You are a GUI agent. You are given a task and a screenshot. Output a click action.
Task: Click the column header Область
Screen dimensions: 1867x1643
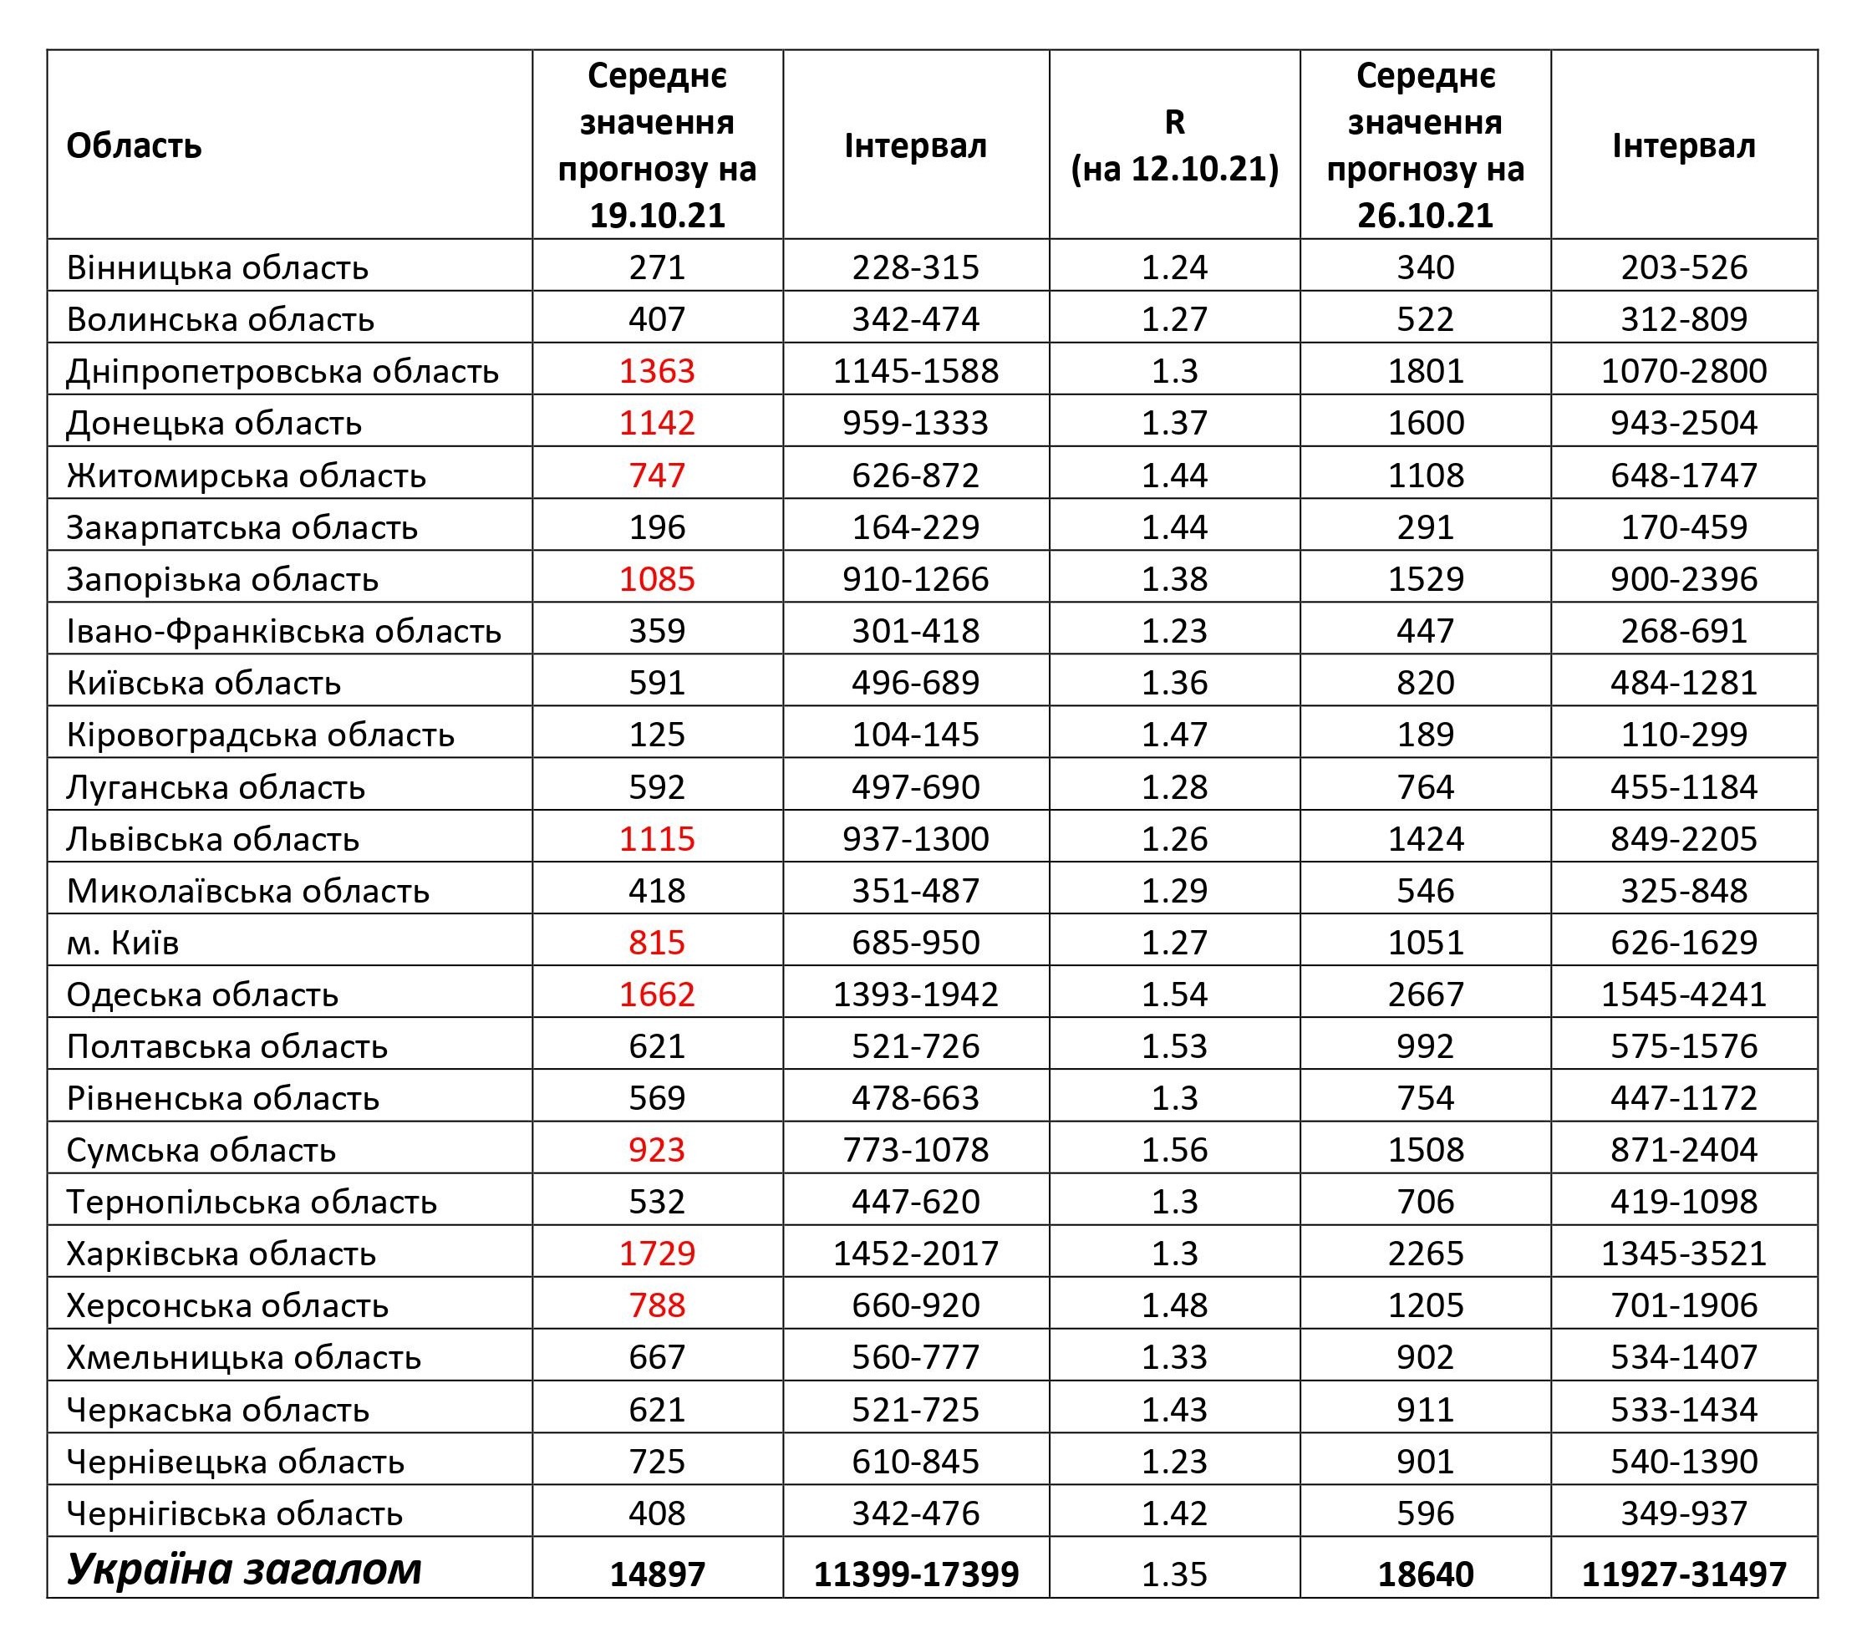tap(134, 146)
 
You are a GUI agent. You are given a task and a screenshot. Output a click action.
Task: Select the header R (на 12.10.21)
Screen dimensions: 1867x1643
tap(1175, 145)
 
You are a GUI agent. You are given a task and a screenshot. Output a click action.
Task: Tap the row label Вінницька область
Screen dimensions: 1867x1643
tap(217, 267)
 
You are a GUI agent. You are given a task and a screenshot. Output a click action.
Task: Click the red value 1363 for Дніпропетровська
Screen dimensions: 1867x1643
tap(657, 371)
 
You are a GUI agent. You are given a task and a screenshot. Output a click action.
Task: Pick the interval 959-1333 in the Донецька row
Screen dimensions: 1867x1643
tap(915, 423)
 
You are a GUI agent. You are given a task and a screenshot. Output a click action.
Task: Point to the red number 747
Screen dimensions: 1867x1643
tap(657, 475)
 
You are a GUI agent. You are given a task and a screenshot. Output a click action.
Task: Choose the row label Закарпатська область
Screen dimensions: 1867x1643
tap(242, 527)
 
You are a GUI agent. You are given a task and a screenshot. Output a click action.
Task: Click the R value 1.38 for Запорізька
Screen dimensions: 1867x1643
tap(1175, 579)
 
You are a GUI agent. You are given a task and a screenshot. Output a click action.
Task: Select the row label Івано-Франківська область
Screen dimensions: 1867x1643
tap(284, 631)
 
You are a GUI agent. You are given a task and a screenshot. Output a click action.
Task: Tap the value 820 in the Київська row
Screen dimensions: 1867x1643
tap(1425, 682)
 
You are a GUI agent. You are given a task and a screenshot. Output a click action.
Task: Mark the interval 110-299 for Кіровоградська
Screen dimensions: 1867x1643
tap(1683, 735)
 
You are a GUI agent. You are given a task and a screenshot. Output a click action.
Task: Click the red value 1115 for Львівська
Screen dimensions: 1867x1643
tap(657, 838)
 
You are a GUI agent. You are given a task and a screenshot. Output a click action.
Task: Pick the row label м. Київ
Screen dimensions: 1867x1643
tap(122, 943)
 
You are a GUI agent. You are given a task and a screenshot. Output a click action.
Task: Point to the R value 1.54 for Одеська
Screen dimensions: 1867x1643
tap(1175, 994)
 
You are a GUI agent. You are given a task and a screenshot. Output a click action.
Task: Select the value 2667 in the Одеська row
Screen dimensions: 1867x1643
tap(1425, 994)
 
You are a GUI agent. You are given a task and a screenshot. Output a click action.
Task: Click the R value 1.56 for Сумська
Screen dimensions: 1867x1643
tap(1175, 1150)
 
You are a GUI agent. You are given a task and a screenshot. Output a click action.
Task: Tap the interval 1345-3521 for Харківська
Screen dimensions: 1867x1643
tap(1683, 1253)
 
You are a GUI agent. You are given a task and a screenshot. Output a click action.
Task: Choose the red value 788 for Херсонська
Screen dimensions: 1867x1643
tap(657, 1305)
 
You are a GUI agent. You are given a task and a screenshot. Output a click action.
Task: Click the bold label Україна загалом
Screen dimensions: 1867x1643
tap(244, 1570)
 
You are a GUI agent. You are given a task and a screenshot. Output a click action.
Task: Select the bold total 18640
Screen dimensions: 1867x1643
tap(1425, 1574)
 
